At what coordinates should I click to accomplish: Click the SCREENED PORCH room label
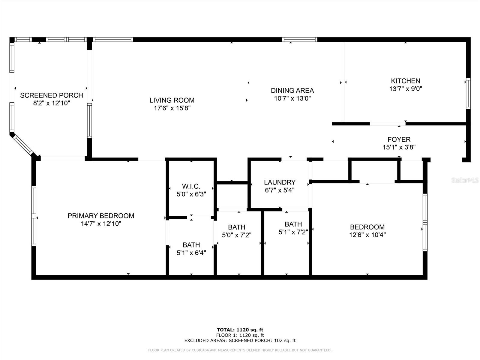pos(52,95)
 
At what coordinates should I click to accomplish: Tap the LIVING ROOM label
pos(172,100)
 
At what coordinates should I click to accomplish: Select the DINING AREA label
pos(292,91)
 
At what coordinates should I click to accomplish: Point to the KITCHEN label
pos(405,81)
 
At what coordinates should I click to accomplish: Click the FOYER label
pos(399,139)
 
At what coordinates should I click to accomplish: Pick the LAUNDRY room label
pos(280,182)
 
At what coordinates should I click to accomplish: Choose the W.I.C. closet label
pos(191,186)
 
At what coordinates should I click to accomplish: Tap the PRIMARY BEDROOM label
pos(101,216)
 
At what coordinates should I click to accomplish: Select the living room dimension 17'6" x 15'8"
pos(172,108)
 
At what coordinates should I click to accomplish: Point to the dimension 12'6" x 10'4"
pos(367,235)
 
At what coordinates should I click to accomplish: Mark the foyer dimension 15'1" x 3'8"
pos(399,147)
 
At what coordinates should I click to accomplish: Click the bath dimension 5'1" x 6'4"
pos(191,253)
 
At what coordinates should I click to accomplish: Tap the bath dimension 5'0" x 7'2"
pos(237,235)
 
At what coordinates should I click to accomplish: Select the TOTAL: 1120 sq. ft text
pos(240,330)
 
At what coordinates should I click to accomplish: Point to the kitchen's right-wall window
pos(468,94)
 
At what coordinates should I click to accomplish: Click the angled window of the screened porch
pos(23,145)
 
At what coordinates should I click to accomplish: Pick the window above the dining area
pos(300,40)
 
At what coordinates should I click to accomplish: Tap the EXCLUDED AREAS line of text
pos(240,340)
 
